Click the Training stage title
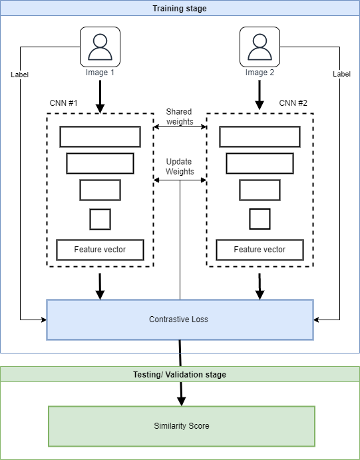click(x=180, y=9)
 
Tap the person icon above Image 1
click(x=100, y=47)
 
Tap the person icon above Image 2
click(x=260, y=47)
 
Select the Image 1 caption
click(x=100, y=73)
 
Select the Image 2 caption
click(x=260, y=73)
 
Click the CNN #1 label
click(x=64, y=103)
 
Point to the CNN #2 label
click(x=293, y=103)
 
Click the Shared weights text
click(x=180, y=116)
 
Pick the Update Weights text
click(x=180, y=166)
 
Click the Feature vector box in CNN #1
click(x=100, y=250)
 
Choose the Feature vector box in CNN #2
click(x=260, y=250)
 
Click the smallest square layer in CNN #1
click(x=100, y=219)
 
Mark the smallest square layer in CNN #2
click(x=260, y=219)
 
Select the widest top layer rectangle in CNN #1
click(x=100, y=136)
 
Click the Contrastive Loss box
click(x=180, y=320)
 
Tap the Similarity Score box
click(x=182, y=426)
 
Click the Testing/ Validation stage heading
click(x=180, y=375)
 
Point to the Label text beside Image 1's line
click(x=20, y=75)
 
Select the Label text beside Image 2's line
click(x=341, y=74)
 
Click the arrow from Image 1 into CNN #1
click(x=100, y=97)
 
